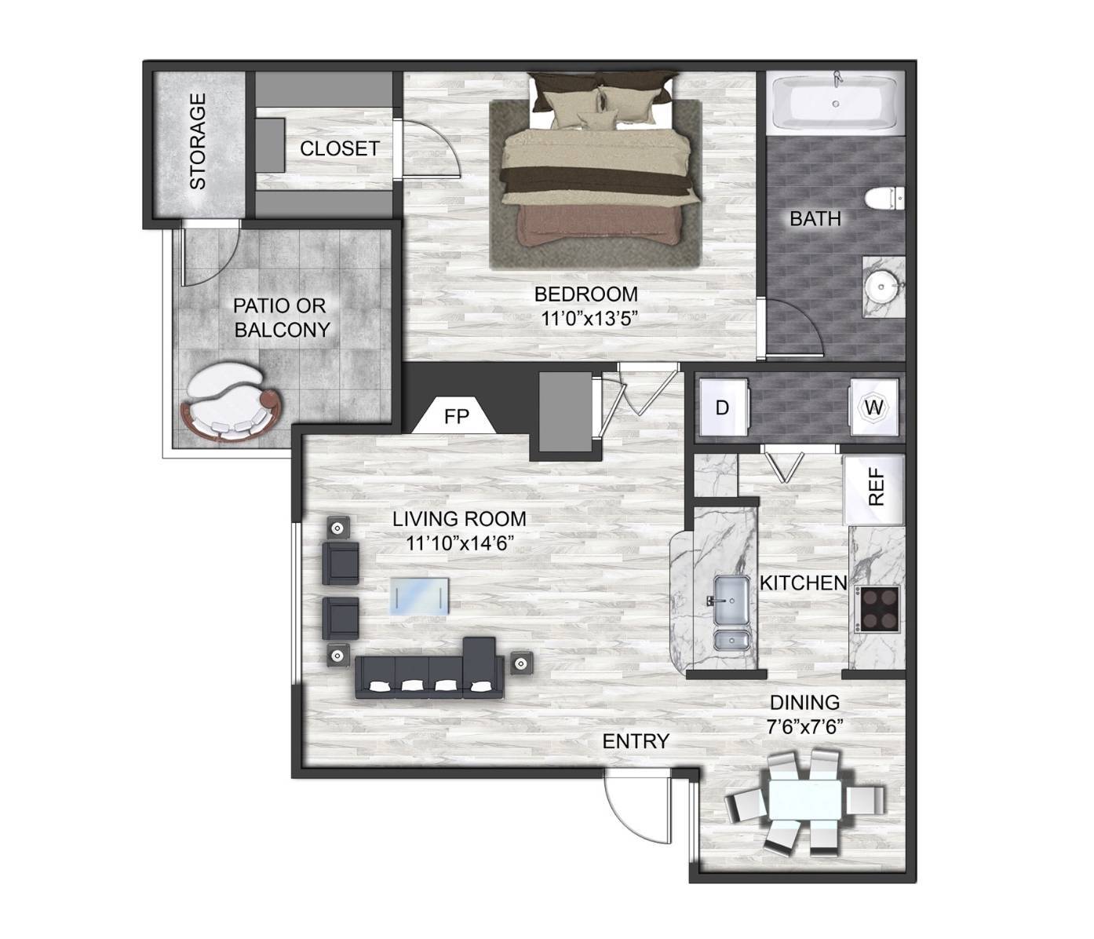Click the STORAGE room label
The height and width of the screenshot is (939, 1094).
[198, 141]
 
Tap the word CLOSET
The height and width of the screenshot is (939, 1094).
[340, 149]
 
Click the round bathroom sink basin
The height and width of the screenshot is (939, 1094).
[882, 287]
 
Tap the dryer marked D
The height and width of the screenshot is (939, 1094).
[724, 407]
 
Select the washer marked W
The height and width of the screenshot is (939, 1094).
[874, 407]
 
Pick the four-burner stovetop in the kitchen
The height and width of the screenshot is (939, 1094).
[881, 608]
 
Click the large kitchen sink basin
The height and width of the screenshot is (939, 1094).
[731, 601]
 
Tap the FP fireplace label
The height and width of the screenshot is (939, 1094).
[456, 418]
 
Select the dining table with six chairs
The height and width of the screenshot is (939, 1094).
[805, 802]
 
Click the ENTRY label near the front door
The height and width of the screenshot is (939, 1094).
[636, 741]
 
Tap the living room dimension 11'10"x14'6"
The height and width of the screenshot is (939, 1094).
[460, 543]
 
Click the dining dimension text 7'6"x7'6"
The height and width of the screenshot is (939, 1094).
[805, 728]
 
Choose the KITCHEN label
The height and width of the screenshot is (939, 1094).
[804, 583]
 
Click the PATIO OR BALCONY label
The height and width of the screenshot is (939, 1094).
[281, 318]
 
